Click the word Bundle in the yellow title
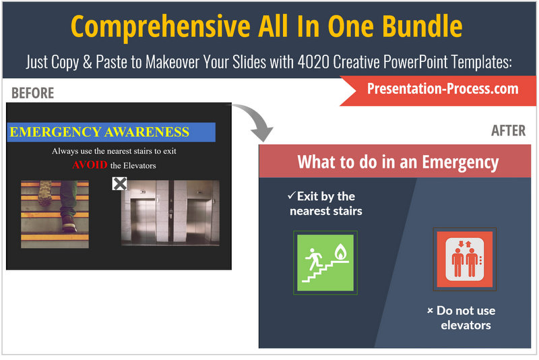[x=422, y=26]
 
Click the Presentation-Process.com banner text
[x=443, y=89]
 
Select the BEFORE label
[x=32, y=93]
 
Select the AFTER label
[x=509, y=131]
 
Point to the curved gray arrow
[x=260, y=117]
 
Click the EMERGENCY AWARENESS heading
[x=99, y=132]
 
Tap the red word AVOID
[x=90, y=165]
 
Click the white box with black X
[x=120, y=184]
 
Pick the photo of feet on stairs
[x=55, y=214]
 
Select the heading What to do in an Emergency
[x=398, y=162]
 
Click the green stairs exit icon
[x=325, y=263]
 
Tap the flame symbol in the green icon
[x=340, y=251]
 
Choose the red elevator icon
[x=464, y=260]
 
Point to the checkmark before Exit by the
[x=292, y=196]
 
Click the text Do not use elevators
[x=466, y=318]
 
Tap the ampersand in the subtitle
[x=88, y=62]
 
